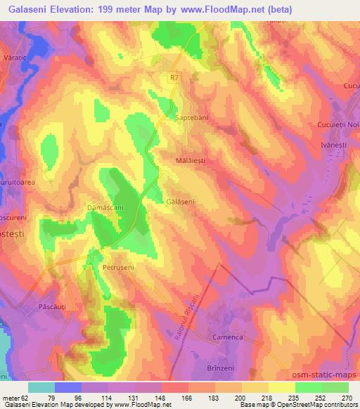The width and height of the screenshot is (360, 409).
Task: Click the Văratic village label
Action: click(x=14, y=56)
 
